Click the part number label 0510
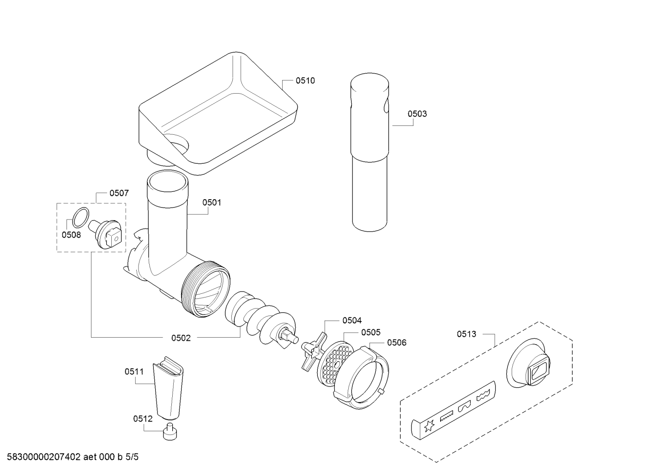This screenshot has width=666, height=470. (305, 80)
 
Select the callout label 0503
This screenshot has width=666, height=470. (417, 114)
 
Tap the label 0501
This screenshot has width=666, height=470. (212, 202)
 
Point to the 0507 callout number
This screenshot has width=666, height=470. (119, 193)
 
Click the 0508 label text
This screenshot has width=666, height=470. (71, 235)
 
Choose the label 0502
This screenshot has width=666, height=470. (181, 338)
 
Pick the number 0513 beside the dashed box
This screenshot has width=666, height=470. (466, 334)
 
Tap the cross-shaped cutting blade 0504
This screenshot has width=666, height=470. (314, 352)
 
